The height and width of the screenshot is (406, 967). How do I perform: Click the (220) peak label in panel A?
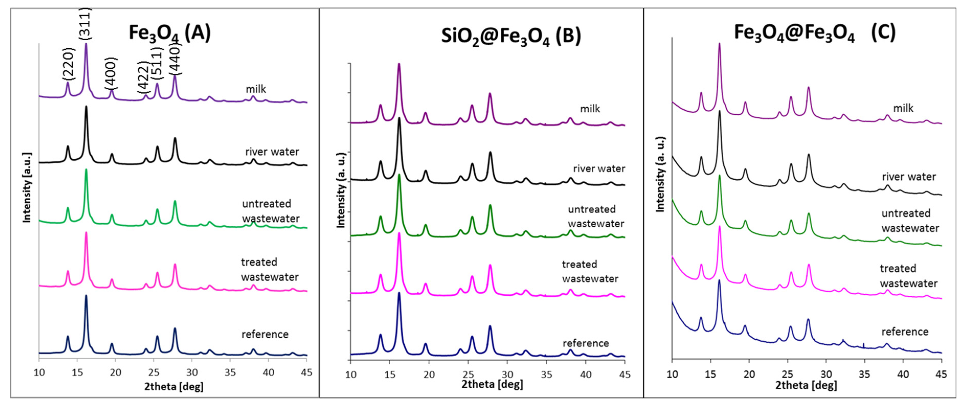click(69, 64)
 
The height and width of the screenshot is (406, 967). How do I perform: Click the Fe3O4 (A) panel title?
click(170, 33)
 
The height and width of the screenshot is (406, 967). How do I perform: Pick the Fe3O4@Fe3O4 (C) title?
click(815, 33)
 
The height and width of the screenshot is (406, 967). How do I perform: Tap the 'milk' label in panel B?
click(590, 109)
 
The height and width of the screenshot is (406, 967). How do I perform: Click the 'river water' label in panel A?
click(272, 152)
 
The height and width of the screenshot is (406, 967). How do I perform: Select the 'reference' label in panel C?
click(905, 332)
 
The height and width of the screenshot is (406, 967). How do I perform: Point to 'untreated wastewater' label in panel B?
click(596, 216)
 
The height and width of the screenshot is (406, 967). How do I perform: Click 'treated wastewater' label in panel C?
click(908, 276)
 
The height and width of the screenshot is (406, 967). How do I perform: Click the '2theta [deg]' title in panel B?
click(492, 385)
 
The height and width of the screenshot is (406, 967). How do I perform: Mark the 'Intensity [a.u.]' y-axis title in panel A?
click(27, 188)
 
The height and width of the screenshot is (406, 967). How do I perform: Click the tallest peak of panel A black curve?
click(86, 107)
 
